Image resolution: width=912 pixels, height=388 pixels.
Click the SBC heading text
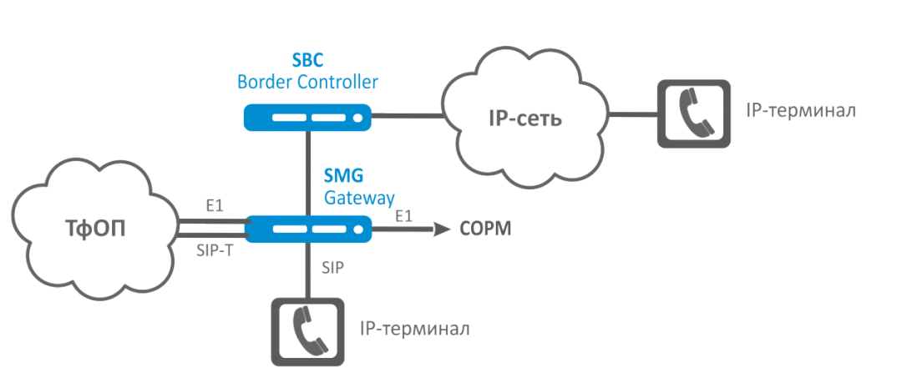pos(307,60)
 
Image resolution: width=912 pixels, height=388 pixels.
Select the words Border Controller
pos(307,82)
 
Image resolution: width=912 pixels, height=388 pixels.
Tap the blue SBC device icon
pos(307,117)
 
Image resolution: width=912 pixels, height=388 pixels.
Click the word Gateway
pos(359,198)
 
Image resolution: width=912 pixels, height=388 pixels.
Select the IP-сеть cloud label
pos(524,118)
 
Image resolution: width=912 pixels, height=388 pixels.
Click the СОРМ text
pos(486,228)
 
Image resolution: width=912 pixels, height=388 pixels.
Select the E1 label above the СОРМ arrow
pos(403,214)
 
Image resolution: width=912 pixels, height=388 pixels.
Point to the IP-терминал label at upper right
pos(800,111)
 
